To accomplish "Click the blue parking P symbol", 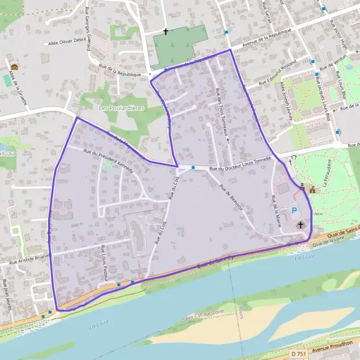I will click(x=295, y=211).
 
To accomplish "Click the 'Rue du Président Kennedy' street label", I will click(x=108, y=160).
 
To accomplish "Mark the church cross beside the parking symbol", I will click(x=301, y=224).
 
